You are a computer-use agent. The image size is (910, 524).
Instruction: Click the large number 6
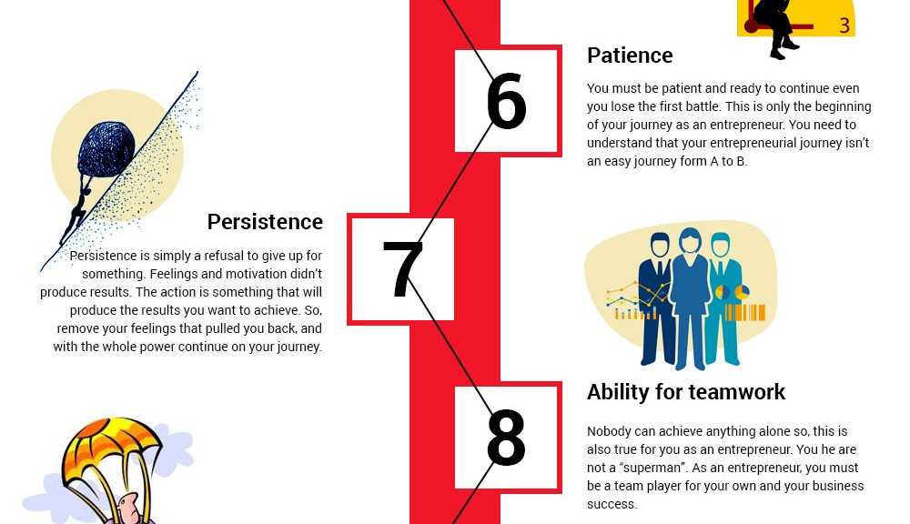pos(506,101)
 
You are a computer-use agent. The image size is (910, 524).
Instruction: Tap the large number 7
pos(403,268)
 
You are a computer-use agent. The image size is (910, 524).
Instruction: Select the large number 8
pos(506,438)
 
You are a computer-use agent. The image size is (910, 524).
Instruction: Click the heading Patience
pos(630,55)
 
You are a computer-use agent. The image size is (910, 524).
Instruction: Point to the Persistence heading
pos(265,222)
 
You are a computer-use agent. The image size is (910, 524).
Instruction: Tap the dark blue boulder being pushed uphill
pos(106,149)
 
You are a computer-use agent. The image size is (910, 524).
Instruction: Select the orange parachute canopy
pos(110,447)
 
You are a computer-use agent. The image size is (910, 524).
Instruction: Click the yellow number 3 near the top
pos(844,25)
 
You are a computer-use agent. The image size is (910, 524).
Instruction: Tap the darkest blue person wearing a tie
pos(657,299)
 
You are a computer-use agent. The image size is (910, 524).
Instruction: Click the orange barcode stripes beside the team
pos(745,313)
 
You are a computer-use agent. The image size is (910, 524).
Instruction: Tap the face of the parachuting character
pos(129,506)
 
